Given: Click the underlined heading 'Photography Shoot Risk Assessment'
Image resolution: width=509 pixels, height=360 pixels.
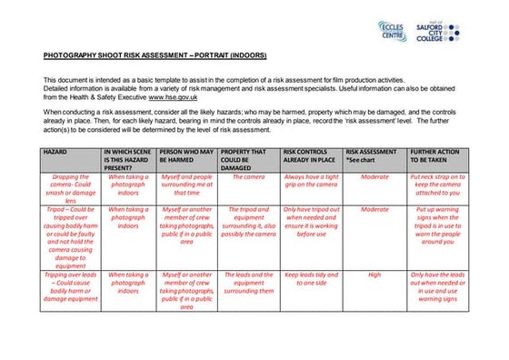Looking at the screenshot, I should (155, 55).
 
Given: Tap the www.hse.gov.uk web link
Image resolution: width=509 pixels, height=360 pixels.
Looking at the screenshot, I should (172, 95).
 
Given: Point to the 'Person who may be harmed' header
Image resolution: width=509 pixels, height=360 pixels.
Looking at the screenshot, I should (186, 155).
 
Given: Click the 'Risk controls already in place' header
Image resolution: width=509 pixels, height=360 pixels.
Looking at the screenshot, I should (310, 155).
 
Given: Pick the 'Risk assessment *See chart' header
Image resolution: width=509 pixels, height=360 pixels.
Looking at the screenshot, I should (374, 155).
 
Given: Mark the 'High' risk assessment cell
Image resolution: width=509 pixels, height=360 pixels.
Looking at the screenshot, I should (374, 274).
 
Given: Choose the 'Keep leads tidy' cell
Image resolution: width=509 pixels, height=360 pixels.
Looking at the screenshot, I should (310, 278).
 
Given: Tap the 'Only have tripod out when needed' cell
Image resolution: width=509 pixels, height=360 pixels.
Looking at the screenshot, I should (310, 221).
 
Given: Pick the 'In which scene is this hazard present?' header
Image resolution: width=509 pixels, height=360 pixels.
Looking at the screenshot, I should (128, 159).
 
